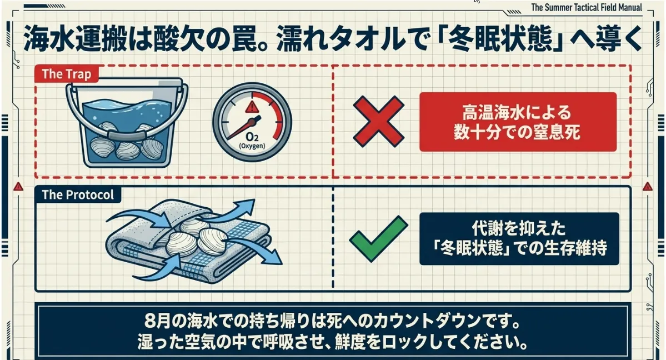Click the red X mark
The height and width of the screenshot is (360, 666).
coord(378,122)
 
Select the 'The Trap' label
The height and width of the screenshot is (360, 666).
coord(67,74)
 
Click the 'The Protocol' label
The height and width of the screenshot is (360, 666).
coord(78,194)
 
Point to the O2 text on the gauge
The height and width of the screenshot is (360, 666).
coord(252,137)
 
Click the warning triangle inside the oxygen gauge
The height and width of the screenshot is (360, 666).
coord(252,106)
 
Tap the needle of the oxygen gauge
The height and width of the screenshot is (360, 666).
coord(243,128)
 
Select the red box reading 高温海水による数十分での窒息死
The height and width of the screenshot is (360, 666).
coord(518,122)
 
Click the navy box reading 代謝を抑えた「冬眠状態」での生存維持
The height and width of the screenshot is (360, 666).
coord(519,239)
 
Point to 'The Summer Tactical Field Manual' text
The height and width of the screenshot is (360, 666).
coord(586,7)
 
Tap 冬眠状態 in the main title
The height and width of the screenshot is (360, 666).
coord(502,39)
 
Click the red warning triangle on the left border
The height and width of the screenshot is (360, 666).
coord(18,186)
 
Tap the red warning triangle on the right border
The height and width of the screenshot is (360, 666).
coord(647,186)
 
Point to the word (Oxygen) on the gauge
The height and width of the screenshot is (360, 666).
coord(252,146)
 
